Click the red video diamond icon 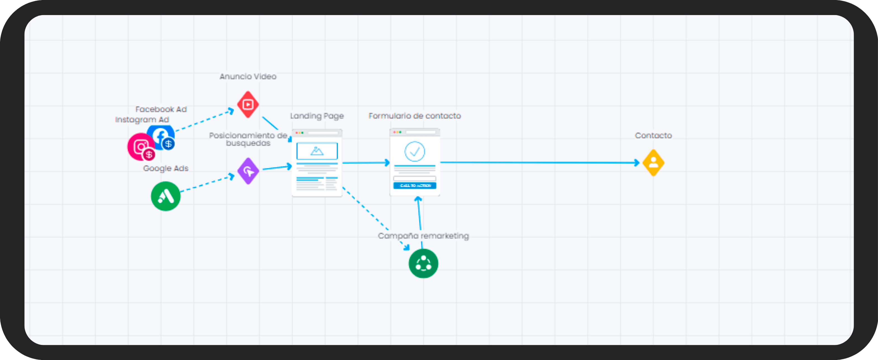(x=248, y=104)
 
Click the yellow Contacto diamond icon (x=653, y=163)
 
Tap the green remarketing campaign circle (x=423, y=263)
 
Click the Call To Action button (x=415, y=186)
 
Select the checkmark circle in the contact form (x=415, y=151)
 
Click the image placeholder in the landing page (x=317, y=151)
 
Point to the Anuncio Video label (x=248, y=76)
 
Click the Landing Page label (x=317, y=116)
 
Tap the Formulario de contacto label (x=415, y=116)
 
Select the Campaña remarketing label (x=423, y=236)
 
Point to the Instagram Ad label (x=142, y=120)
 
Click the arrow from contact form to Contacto (x=539, y=163)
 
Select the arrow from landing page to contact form (x=365, y=163)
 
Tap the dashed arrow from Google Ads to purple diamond (x=206, y=184)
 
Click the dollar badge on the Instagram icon (x=149, y=155)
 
